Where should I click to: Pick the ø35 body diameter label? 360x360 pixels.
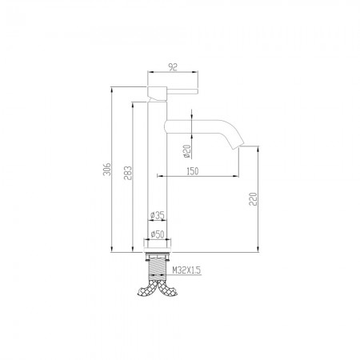coord(158,214)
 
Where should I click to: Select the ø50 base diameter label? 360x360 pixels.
coord(158,234)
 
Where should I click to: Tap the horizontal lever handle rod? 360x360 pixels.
coord(183,90)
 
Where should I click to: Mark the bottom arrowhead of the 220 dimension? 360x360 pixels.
coord(258,250)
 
